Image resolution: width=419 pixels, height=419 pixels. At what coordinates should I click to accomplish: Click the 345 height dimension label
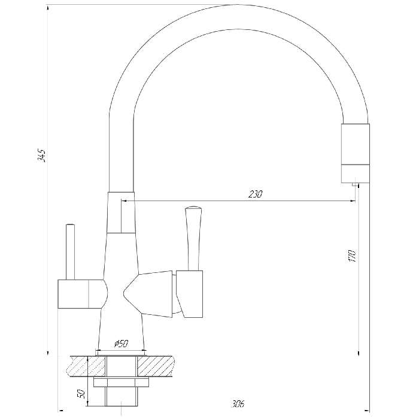tap(41, 156)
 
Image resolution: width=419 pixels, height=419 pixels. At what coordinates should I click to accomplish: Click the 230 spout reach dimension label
tap(255, 194)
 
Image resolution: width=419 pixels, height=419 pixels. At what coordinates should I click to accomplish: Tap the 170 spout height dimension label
tap(352, 256)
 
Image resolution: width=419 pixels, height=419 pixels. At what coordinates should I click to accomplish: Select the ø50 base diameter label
tap(122, 344)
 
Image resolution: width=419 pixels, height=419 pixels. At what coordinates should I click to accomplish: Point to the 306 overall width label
tap(238, 404)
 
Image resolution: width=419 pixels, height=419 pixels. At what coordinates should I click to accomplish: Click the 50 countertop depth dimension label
tap(81, 394)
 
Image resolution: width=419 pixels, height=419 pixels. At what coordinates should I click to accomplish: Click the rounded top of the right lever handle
tap(193, 208)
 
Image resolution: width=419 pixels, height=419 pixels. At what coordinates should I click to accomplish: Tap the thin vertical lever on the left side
tap(70, 252)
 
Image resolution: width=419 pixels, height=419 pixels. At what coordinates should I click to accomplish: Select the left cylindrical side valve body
tap(83, 294)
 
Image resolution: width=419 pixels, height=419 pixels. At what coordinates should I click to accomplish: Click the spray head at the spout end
tap(356, 153)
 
